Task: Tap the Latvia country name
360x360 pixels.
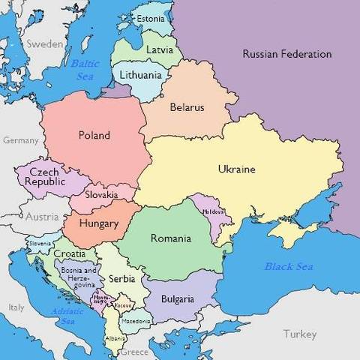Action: [x=158, y=50]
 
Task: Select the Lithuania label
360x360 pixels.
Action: [x=140, y=75]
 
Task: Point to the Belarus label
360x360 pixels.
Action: [x=187, y=107]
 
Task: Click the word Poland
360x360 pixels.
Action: [x=94, y=136]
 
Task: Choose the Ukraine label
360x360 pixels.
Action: [x=236, y=169]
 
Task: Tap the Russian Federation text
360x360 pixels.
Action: [x=287, y=54]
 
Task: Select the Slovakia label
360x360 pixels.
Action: [x=101, y=195]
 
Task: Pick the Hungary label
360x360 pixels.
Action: [x=99, y=223]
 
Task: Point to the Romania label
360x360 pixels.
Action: [x=170, y=238]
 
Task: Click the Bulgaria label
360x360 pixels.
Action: [x=178, y=298]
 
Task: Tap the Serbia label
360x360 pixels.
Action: [x=121, y=278]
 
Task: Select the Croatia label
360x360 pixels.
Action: [x=68, y=253]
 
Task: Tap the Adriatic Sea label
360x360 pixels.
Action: [x=64, y=316]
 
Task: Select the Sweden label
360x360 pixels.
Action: [x=45, y=44]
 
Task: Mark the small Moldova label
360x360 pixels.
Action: [x=213, y=211]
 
